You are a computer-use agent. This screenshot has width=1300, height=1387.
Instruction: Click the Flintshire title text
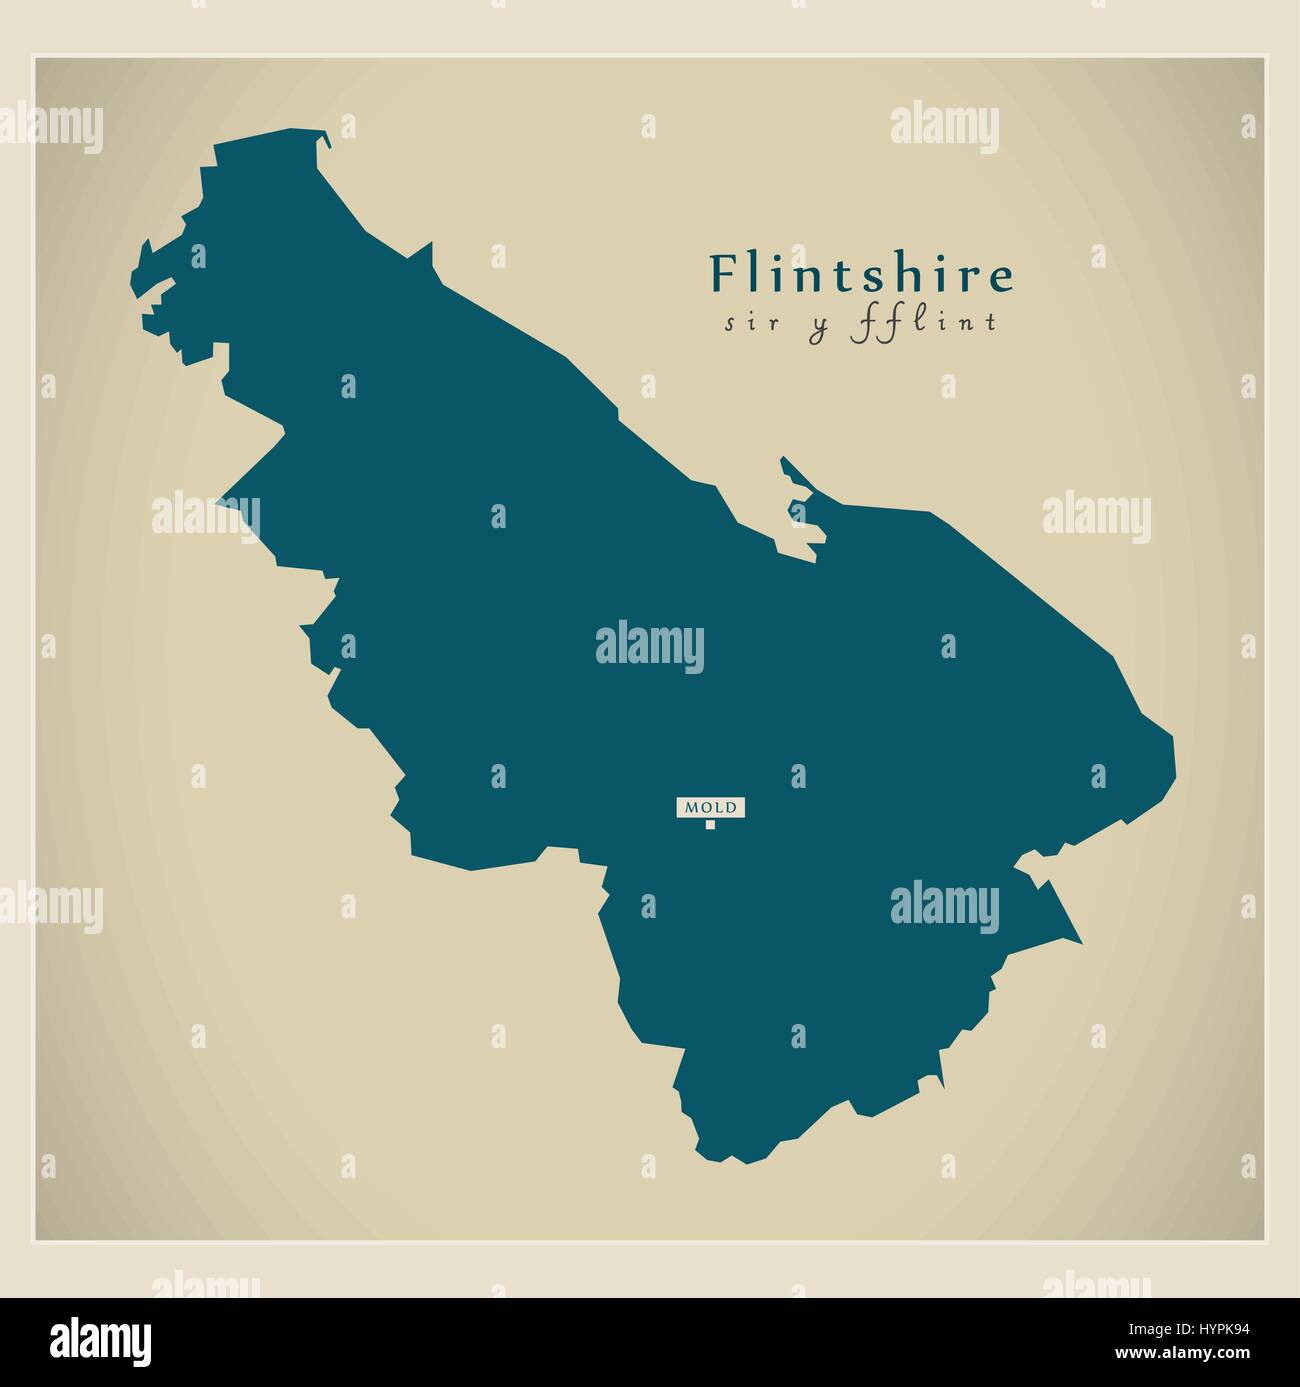(861, 274)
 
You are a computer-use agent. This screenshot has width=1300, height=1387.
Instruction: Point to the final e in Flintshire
(1001, 279)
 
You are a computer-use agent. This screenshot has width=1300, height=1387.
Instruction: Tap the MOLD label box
(710, 807)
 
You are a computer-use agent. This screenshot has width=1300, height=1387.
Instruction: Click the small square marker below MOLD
(710, 824)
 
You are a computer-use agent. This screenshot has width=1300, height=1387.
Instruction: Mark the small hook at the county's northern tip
(324, 139)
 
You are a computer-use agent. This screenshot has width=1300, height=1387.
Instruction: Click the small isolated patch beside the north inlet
(797, 512)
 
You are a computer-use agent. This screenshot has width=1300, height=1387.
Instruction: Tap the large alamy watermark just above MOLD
(650, 645)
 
